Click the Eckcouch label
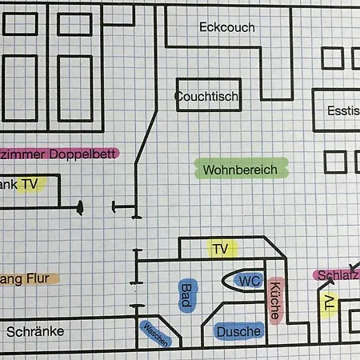click(x=226, y=27)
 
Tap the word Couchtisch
click(x=207, y=97)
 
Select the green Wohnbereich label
click(x=239, y=170)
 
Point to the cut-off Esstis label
click(x=342, y=113)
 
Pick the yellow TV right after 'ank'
click(x=30, y=184)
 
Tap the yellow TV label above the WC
click(x=220, y=250)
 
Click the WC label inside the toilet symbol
click(x=250, y=281)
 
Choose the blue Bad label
click(x=186, y=294)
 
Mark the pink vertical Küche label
click(x=274, y=301)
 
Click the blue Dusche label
click(x=238, y=331)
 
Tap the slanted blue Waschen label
click(x=155, y=334)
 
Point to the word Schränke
click(x=34, y=331)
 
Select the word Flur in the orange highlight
click(x=38, y=278)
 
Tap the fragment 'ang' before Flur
click(x=9, y=279)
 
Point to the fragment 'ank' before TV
click(x=9, y=184)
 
